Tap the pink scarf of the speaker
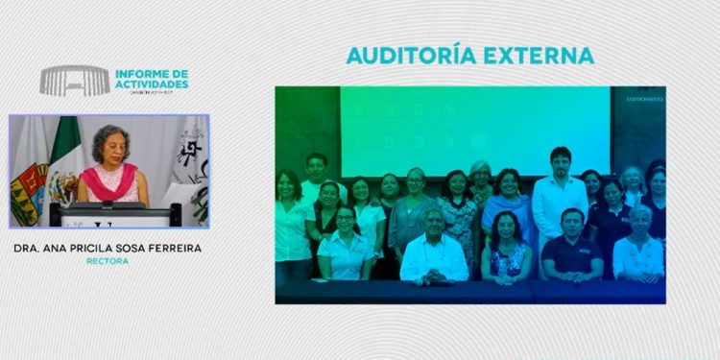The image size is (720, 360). pos(108,181)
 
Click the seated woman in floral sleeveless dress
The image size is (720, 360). pos(506,253)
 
